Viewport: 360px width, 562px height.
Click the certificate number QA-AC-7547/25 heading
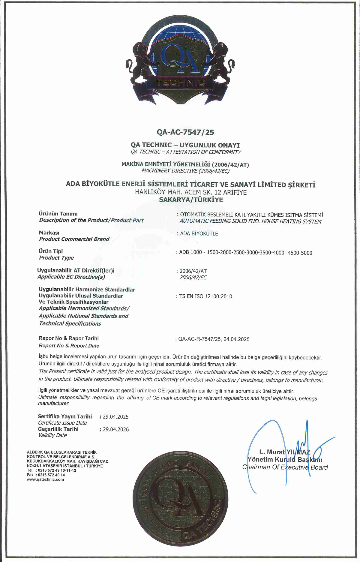tap(185, 132)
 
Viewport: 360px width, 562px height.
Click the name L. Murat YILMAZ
tap(285, 452)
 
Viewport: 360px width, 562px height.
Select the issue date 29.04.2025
tap(115, 417)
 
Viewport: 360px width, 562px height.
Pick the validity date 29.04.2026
tap(115, 429)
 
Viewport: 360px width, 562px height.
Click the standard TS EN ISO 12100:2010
tap(205, 296)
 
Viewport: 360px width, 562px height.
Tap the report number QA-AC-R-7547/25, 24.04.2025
tap(214, 339)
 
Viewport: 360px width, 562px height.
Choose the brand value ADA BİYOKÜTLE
tap(199, 234)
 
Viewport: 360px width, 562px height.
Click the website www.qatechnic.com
tap(45, 479)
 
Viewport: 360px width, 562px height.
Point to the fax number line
tap(46, 475)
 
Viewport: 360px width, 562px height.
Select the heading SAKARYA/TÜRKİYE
tap(191, 200)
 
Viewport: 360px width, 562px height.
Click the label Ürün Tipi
tap(51, 251)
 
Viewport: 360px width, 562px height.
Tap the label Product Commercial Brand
tap(74, 239)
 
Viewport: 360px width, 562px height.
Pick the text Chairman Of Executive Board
tap(285, 467)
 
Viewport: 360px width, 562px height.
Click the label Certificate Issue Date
tap(62, 423)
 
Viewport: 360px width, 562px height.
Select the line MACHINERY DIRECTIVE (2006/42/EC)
tap(185, 171)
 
